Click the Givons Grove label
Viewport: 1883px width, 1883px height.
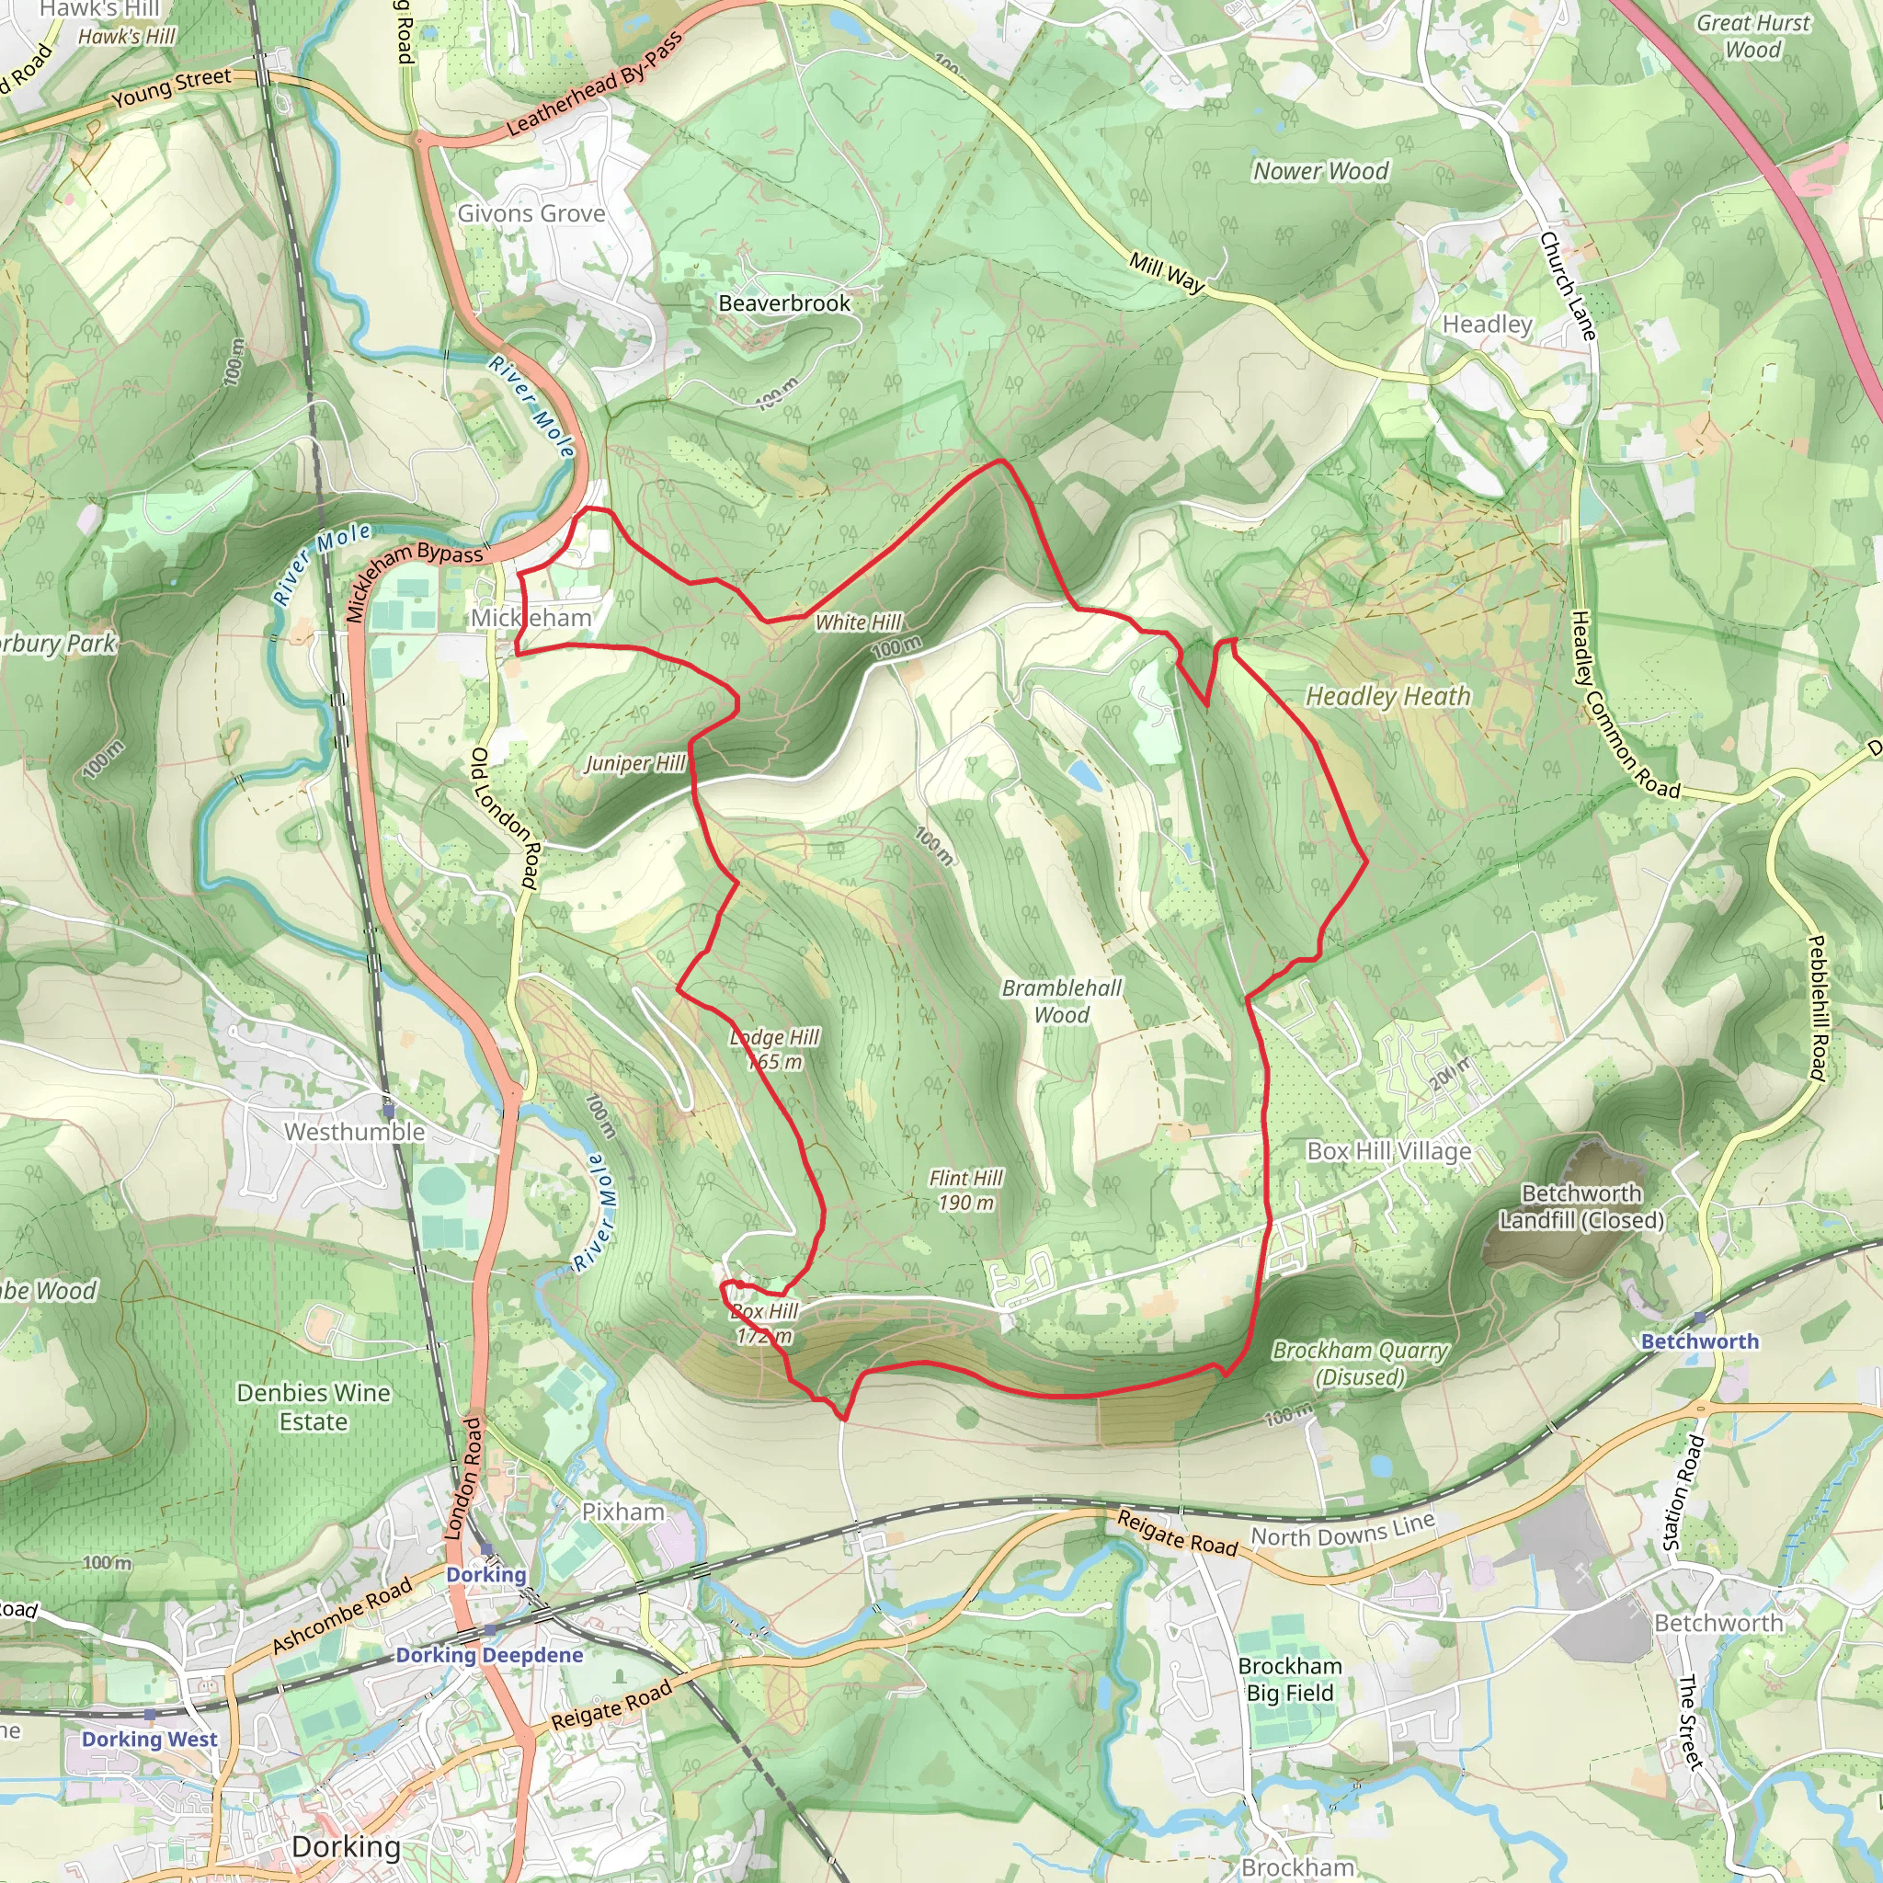pyautogui.click(x=531, y=213)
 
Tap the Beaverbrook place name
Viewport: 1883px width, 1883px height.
pyautogui.click(x=783, y=303)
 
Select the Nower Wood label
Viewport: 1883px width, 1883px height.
pyautogui.click(x=1319, y=172)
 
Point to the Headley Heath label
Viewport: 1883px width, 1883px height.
pyautogui.click(x=1387, y=696)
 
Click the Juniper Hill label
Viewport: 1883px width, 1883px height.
pyautogui.click(x=635, y=763)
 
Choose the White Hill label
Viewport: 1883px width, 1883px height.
pyautogui.click(x=858, y=622)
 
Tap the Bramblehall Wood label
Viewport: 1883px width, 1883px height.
pyautogui.click(x=1061, y=1001)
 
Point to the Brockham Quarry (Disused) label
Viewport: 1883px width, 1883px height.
pyautogui.click(x=1360, y=1363)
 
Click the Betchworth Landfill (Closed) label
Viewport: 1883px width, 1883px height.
pyautogui.click(x=1581, y=1206)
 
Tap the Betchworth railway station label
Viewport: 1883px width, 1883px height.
pyautogui.click(x=1700, y=1341)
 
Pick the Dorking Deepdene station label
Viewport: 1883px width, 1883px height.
pyautogui.click(x=489, y=1654)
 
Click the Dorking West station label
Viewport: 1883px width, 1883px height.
pyautogui.click(x=150, y=1739)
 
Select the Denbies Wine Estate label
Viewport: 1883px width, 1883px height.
pyautogui.click(x=313, y=1407)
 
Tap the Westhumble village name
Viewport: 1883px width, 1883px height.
pyautogui.click(x=355, y=1132)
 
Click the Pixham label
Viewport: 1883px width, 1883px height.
pyautogui.click(x=622, y=1512)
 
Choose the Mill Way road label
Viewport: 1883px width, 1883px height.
pyautogui.click(x=1167, y=272)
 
